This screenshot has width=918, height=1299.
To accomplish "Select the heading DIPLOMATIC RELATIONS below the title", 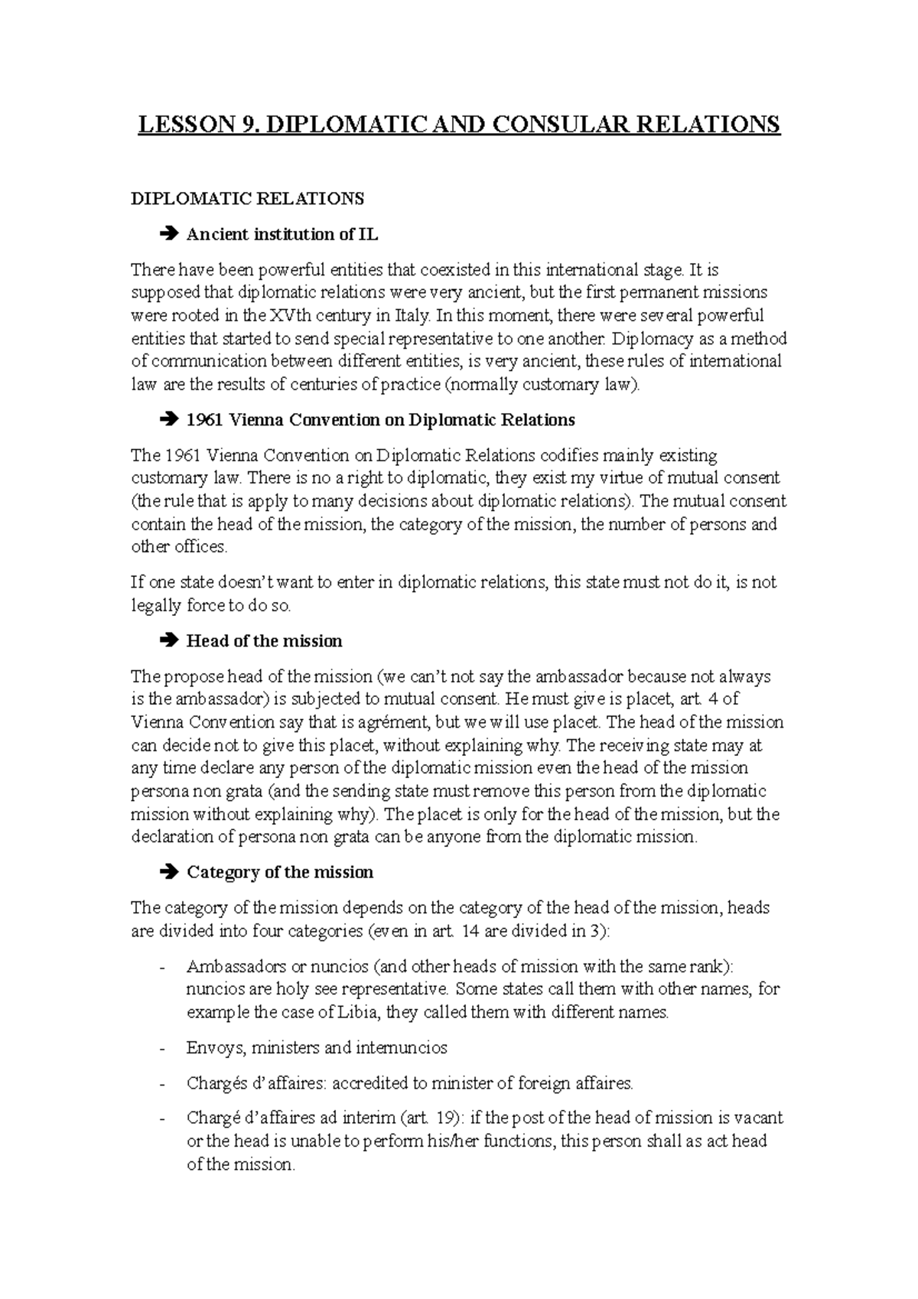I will tap(248, 199).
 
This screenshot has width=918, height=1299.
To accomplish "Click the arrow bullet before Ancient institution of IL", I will tap(169, 234).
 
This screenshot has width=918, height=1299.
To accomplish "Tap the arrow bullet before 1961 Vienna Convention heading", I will tap(169, 420).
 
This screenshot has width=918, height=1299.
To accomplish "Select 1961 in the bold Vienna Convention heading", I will tap(203, 420).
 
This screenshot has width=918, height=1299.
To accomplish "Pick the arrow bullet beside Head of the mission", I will tap(169, 640).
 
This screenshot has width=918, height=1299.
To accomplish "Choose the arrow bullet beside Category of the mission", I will tap(169, 872).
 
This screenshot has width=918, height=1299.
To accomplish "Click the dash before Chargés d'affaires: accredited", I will tap(161, 1083).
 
